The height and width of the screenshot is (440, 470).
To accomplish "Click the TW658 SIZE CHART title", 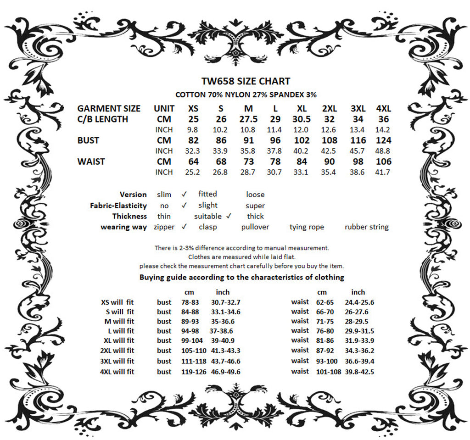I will pyautogui.click(x=246, y=81).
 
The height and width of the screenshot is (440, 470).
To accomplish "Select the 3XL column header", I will pyautogui.click(x=358, y=109).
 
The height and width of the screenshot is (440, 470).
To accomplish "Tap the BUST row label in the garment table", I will pyautogui.click(x=88, y=140).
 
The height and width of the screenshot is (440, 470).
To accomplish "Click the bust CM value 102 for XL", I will pyautogui.click(x=302, y=140).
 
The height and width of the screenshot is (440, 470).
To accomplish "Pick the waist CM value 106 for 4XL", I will pyautogui.click(x=383, y=162).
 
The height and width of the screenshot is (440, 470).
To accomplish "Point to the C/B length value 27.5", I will pyautogui.click(x=248, y=119).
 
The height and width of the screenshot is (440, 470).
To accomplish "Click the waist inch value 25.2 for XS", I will pyautogui.click(x=193, y=172).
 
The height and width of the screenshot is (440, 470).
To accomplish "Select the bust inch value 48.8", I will pyautogui.click(x=383, y=151).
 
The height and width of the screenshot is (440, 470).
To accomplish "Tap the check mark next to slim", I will pyautogui.click(x=184, y=194).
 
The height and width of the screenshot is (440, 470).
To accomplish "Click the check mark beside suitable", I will pyautogui.click(x=229, y=216).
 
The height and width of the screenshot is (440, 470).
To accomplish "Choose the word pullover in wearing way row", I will pyautogui.click(x=255, y=227).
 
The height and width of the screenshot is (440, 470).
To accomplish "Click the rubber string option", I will pyautogui.click(x=366, y=227).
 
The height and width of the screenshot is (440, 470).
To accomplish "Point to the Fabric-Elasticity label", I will pyautogui.click(x=118, y=206).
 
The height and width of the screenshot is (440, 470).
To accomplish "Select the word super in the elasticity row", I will pyautogui.click(x=255, y=206).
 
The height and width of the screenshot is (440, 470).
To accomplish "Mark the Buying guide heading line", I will pyautogui.click(x=242, y=277).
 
